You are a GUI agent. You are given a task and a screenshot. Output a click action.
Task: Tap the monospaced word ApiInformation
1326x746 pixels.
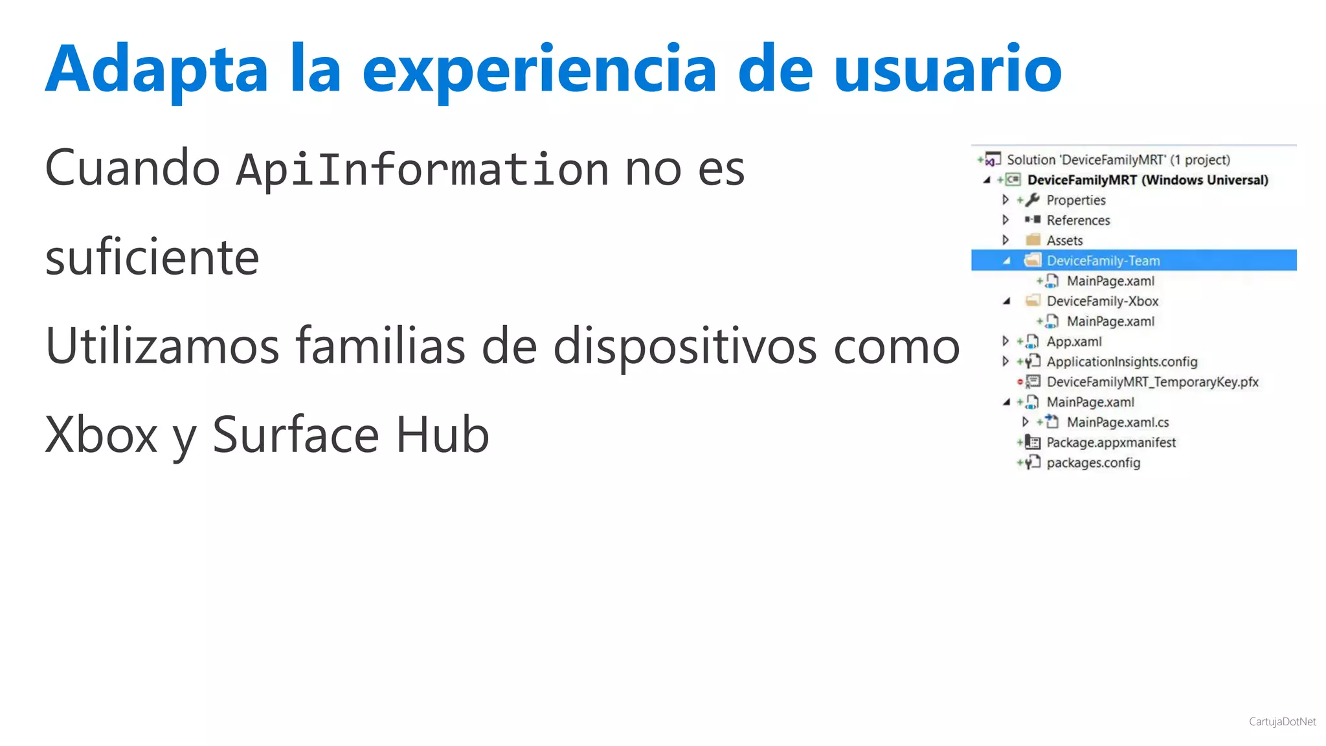(422, 170)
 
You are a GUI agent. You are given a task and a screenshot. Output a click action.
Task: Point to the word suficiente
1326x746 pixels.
(152, 258)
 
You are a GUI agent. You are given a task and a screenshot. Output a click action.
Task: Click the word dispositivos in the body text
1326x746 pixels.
(684, 346)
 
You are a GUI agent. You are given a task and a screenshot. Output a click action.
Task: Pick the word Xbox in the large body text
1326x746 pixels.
(101, 435)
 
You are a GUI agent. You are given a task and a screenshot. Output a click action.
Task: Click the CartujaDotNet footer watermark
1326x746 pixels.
(1282, 722)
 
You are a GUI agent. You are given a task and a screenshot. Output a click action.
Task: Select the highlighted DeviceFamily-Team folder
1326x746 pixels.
(1103, 260)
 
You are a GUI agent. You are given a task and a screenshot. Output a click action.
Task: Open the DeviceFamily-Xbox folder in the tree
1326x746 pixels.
(1102, 301)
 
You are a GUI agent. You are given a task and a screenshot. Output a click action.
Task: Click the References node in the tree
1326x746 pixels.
(1078, 220)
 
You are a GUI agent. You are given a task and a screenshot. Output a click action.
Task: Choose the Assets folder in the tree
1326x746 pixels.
(1064, 240)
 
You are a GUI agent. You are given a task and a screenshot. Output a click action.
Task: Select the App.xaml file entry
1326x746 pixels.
(1073, 341)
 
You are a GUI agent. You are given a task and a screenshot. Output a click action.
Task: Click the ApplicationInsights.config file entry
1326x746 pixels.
(1121, 361)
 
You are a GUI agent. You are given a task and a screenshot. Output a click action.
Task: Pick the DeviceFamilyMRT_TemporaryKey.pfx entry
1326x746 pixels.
(1152, 382)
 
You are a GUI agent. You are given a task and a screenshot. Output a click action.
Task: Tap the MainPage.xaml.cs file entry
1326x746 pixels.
(1118, 422)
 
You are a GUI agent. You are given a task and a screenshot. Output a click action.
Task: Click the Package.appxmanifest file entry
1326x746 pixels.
(1111, 442)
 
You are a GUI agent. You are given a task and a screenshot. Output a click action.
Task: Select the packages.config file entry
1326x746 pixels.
(1093, 462)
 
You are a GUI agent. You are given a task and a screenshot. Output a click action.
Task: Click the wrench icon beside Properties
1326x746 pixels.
(1033, 199)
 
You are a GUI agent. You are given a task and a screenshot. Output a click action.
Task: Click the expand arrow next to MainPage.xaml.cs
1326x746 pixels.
(1025, 422)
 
